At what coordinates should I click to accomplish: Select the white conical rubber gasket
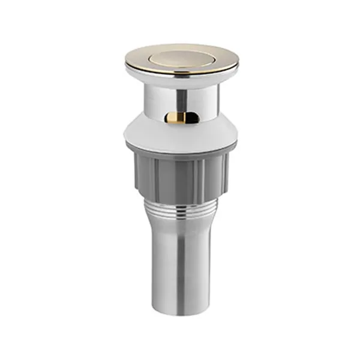pyautogui.click(x=182, y=133)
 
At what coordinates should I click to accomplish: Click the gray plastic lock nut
pyautogui.click(x=182, y=174)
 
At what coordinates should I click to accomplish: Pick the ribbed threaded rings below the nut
pyautogui.click(x=182, y=207)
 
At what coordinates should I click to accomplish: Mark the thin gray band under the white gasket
pyautogui.click(x=182, y=150)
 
